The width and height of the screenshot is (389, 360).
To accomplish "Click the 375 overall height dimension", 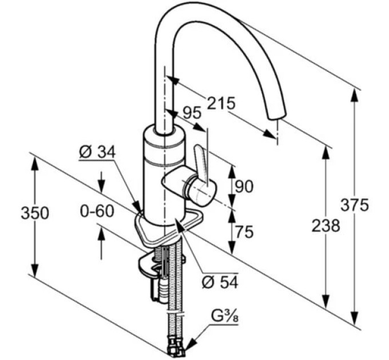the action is (x=355, y=205).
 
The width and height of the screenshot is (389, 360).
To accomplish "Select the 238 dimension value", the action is (x=326, y=226).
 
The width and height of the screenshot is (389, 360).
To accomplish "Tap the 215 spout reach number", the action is (x=221, y=103).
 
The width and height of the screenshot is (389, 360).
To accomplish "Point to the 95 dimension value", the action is (x=192, y=113).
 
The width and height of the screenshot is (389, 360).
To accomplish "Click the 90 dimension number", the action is (x=244, y=186).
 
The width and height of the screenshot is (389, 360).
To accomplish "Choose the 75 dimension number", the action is (x=244, y=231).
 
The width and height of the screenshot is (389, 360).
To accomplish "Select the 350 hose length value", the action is (x=35, y=213).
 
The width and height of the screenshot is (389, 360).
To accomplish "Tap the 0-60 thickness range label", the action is (x=97, y=211).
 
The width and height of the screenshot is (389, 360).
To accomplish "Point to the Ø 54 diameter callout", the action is (x=220, y=282).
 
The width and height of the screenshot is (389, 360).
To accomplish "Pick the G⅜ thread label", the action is (x=224, y=317).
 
